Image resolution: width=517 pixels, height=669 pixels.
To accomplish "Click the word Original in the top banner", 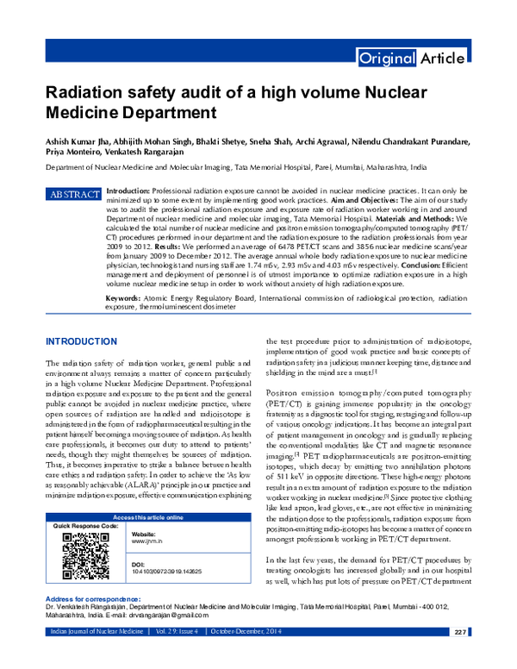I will click(x=386, y=59).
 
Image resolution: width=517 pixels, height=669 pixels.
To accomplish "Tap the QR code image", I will click(x=84, y=554).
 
